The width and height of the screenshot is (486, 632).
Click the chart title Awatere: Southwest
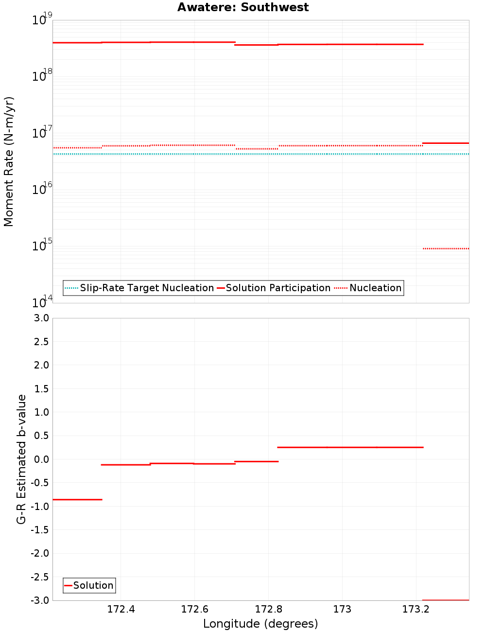243,7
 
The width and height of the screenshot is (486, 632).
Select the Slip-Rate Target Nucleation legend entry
146,288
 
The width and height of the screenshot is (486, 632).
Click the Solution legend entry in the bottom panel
93,585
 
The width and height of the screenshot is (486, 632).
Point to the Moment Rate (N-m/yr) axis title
9,161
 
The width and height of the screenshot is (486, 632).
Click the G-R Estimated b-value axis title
21,459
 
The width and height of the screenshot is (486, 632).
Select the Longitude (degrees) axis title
260,624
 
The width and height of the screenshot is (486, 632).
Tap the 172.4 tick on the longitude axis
121,610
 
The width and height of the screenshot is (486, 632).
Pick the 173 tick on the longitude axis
342,610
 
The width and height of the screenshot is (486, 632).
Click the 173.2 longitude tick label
416,610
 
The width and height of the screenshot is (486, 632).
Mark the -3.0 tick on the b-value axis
40,600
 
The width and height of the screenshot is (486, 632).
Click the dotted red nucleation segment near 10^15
446,248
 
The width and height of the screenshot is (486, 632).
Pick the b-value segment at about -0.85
77,499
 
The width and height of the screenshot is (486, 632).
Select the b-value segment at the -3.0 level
446,600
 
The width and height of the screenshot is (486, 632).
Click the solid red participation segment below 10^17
446,143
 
